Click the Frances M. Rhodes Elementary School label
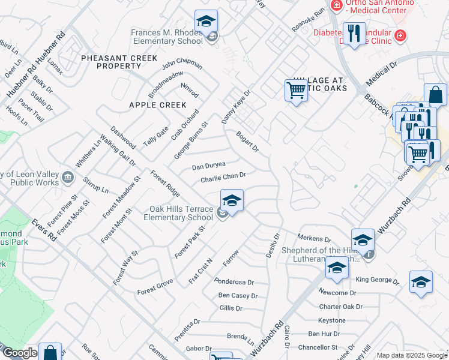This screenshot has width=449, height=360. coord(168,37)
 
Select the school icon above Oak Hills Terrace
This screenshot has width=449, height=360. coord(232,201)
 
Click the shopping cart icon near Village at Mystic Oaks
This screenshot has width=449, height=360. coord(296,91)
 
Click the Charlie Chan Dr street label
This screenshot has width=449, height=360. coord(223,178)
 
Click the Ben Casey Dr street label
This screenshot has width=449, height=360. coord(238,295)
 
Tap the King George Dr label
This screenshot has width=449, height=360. coord(377,280)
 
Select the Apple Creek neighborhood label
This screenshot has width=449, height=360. coord(157,105)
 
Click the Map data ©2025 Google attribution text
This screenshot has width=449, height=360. coord(411,355)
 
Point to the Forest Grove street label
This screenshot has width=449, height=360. coord(155,285)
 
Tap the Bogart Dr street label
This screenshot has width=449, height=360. coord(247,141)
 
